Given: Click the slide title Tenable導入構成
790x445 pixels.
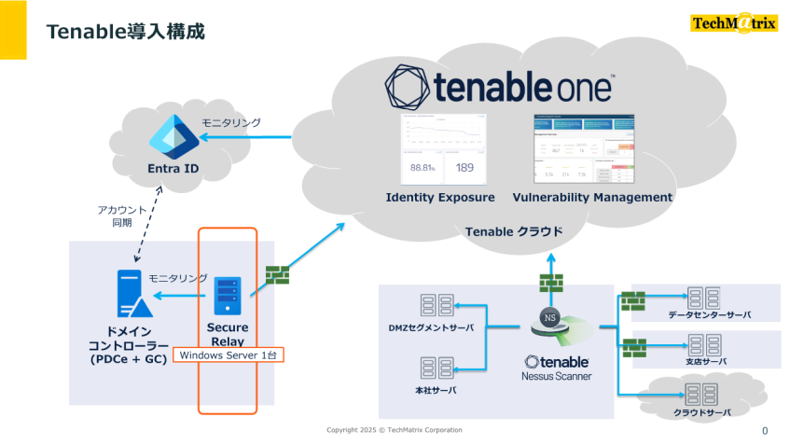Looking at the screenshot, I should (126, 32).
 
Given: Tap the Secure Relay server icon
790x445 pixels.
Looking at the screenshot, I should (227, 297).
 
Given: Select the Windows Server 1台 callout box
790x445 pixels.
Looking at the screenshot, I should (229, 355).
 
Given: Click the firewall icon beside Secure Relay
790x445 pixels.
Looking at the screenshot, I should (277, 274).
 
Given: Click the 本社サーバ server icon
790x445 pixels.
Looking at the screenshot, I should (431, 368).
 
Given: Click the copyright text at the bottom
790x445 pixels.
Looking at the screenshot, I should (394, 430).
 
